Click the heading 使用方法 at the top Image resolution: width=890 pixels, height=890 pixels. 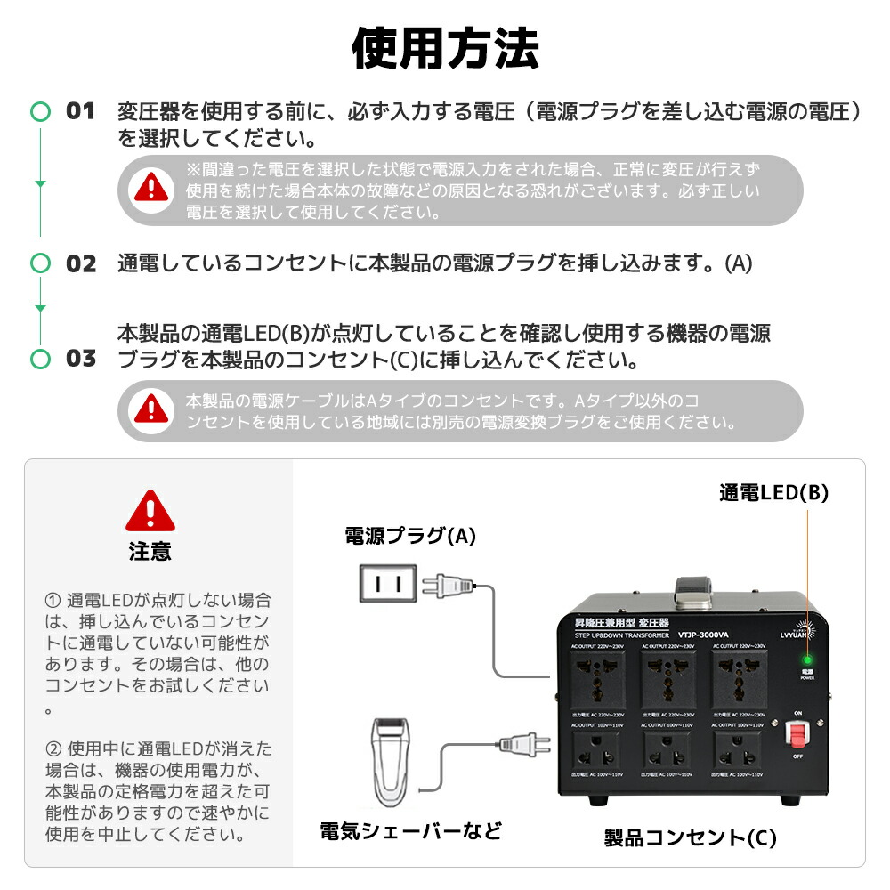[x=445, y=49]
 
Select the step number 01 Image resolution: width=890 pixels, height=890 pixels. [x=81, y=111]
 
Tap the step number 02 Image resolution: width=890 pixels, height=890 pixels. [x=81, y=263]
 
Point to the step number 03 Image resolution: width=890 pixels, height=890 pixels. [x=81, y=359]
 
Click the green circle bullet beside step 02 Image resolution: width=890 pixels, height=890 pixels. [x=40, y=263]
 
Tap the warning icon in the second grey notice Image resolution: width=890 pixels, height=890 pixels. [x=151, y=409]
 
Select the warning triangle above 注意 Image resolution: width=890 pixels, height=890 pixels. [x=150, y=511]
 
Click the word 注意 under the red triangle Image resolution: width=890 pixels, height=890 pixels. [x=150, y=552]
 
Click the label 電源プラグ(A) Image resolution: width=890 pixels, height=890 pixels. [x=410, y=536]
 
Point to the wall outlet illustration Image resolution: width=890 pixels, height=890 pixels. [x=387, y=584]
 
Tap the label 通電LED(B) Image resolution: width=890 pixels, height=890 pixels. [x=773, y=493]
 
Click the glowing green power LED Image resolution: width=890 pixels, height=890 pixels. [x=806, y=660]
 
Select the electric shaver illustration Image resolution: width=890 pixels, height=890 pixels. [x=391, y=761]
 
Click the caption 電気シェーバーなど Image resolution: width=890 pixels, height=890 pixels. [x=410, y=831]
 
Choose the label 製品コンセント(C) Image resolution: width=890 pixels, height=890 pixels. [x=690, y=837]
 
